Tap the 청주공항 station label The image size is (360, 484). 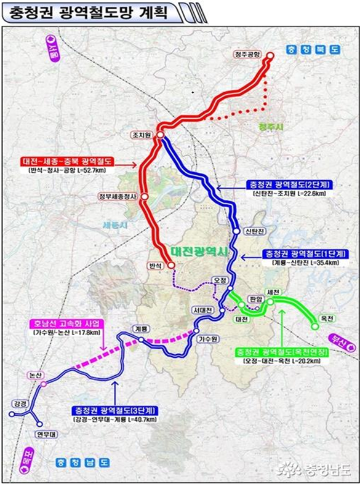pyautogui.click(x=248, y=54)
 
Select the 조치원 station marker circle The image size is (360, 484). pyautogui.click(x=159, y=135)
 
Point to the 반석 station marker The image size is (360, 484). pyautogui.click(x=171, y=266)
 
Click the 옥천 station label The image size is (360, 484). pyautogui.click(x=327, y=318)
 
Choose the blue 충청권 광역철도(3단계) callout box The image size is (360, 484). pyautogui.click(x=114, y=410)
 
